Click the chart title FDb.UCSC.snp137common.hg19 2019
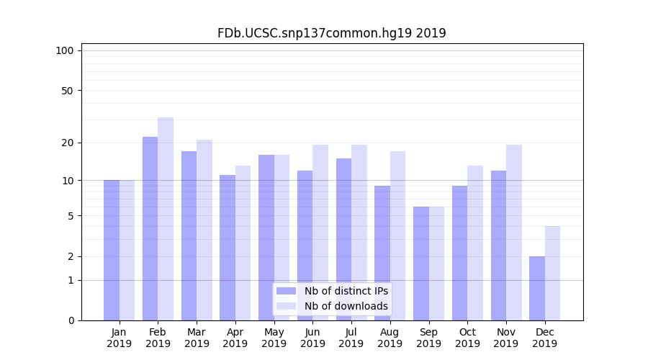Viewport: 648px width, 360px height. coord(331,33)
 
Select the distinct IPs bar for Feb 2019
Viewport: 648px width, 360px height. coord(150,228)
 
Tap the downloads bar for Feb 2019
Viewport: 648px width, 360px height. coord(166,219)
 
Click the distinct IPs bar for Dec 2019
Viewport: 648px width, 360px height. coord(537,288)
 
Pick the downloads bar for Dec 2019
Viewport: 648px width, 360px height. coord(552,273)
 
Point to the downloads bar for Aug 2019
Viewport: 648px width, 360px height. coord(397,235)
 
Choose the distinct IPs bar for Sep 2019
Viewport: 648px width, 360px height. coord(421,264)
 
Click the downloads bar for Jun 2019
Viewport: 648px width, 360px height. coord(320,233)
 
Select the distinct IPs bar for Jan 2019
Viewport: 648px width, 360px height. coord(112,250)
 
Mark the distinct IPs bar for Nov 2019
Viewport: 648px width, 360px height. coord(498,246)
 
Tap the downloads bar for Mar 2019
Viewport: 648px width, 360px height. coord(204,230)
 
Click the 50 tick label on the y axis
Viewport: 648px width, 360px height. coord(68,91)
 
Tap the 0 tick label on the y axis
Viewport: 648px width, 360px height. coord(71,320)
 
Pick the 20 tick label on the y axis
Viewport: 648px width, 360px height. coord(68,143)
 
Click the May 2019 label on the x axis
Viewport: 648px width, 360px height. coord(274,338)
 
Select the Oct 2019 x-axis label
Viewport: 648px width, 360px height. coord(467,338)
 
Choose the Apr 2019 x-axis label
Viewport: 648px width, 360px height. coord(235,338)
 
